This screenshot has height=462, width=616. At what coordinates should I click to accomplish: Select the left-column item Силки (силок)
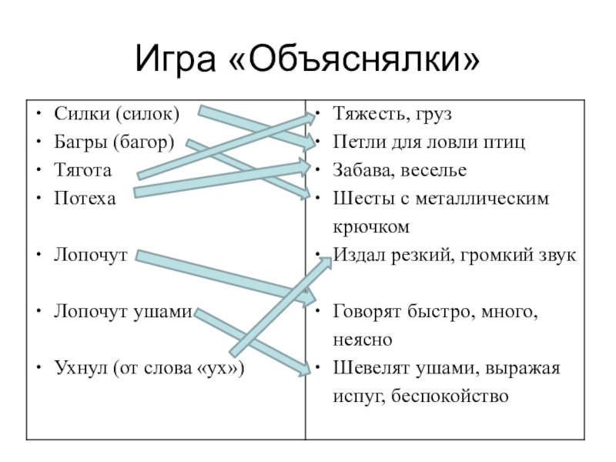115,115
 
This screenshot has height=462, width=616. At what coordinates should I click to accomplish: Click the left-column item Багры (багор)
115,142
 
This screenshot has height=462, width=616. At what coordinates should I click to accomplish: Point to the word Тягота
82,170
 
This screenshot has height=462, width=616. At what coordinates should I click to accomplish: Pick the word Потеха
85,198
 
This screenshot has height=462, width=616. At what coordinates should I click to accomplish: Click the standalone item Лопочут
90,254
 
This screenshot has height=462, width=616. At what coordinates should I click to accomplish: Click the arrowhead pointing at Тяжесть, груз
310,117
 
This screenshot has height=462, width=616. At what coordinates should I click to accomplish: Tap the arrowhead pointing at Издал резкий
323,263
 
